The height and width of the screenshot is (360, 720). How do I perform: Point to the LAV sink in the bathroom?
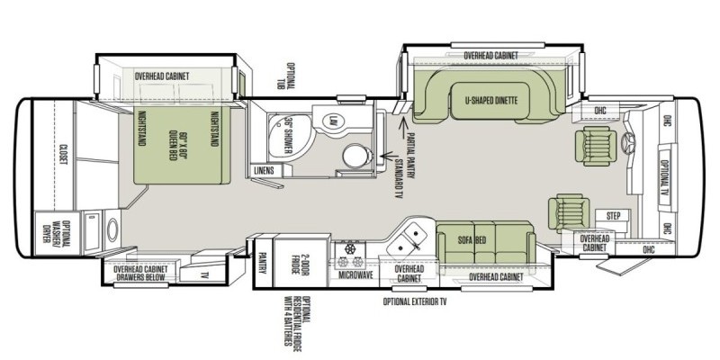[330, 120]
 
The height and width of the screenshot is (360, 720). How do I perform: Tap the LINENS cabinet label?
[263, 169]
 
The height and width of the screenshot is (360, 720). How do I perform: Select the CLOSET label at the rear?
[62, 154]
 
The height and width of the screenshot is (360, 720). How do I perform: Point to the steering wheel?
[627, 144]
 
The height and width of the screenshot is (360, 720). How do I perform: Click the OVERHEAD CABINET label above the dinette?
[490, 56]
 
